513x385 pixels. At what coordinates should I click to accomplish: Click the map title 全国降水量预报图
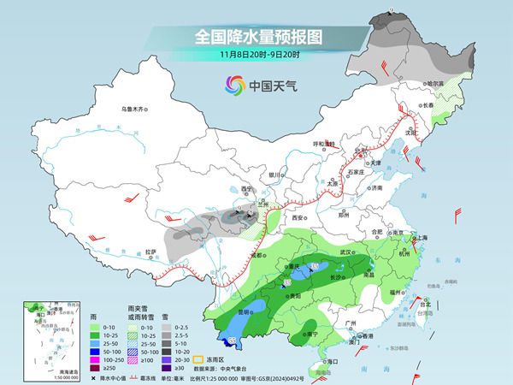click(x=257, y=36)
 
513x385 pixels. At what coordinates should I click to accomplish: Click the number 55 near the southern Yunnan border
click(x=256, y=340)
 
